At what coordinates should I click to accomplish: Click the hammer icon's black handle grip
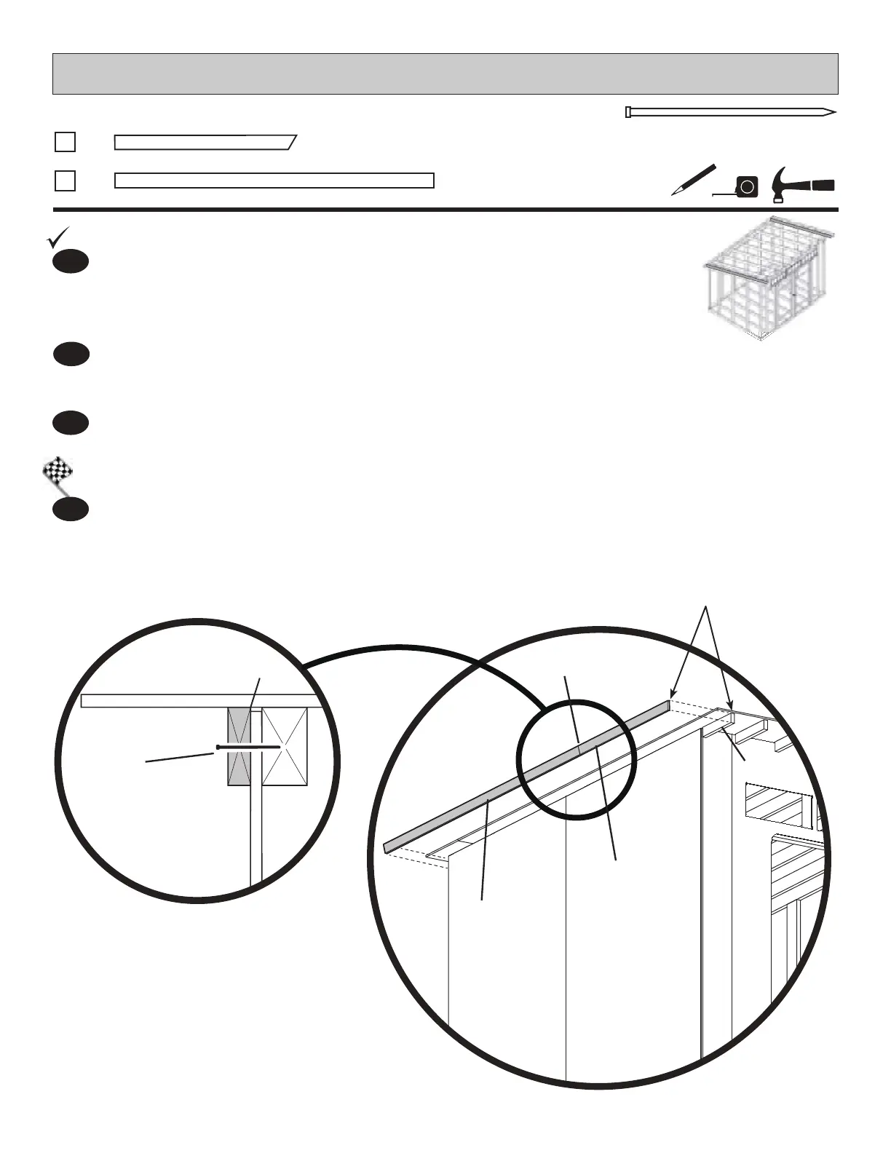(823, 184)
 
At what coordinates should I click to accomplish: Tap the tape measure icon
(746, 187)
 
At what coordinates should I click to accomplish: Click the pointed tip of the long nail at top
(833, 113)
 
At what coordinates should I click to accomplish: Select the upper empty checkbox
(65, 141)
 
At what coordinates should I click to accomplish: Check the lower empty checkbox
(65, 181)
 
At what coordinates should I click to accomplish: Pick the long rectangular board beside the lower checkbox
(274, 181)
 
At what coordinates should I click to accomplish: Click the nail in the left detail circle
(247, 747)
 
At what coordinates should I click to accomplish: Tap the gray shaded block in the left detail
(239, 747)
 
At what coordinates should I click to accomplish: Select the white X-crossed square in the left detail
(285, 747)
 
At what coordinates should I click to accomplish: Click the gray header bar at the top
(445, 74)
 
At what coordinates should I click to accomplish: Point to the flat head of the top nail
(628, 112)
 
